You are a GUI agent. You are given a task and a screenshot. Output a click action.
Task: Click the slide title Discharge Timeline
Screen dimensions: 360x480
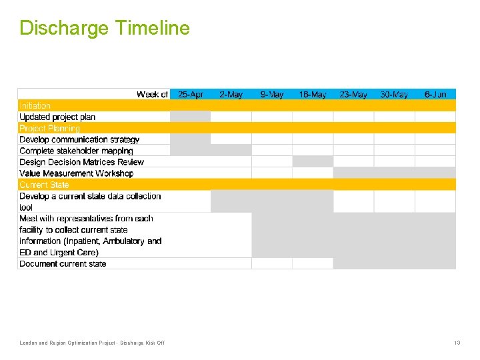[105, 28]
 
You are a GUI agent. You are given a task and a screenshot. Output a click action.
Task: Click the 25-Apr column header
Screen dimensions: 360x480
[191, 95]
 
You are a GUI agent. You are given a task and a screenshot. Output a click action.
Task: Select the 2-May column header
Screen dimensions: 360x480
[231, 95]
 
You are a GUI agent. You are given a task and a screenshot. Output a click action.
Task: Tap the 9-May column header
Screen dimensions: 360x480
[272, 95]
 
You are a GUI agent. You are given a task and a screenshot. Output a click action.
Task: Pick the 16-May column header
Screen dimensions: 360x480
[313, 95]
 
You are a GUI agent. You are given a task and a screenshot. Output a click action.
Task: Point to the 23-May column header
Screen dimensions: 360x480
[353, 95]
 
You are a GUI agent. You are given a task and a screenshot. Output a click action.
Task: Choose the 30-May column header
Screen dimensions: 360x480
[394, 95]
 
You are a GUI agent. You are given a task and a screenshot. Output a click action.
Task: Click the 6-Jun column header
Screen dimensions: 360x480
[435, 95]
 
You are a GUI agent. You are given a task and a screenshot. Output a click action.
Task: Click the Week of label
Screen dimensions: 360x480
[152, 95]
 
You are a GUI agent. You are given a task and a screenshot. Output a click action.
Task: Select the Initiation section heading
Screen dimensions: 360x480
[35, 105]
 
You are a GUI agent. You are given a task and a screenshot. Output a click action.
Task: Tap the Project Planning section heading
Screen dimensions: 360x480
[49, 128]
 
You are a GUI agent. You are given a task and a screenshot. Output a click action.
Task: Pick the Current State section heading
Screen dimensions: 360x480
[44, 185]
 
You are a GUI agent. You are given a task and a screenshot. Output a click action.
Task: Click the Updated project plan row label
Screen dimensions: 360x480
[57, 117]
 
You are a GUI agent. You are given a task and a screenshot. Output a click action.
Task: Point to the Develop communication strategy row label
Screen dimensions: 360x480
[79, 139]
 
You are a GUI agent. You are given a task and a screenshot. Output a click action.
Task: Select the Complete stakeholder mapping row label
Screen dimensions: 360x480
[76, 151]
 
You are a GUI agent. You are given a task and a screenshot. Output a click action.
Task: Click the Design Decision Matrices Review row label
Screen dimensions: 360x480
[81, 162]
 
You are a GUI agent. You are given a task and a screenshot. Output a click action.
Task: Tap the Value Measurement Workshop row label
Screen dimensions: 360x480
[76, 173]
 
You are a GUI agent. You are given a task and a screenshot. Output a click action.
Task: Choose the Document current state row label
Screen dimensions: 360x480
[63, 263]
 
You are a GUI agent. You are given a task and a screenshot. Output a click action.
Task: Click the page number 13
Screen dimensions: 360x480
[457, 343]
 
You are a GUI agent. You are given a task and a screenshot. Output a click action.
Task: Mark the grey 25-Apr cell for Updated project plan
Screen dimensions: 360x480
[191, 117]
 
